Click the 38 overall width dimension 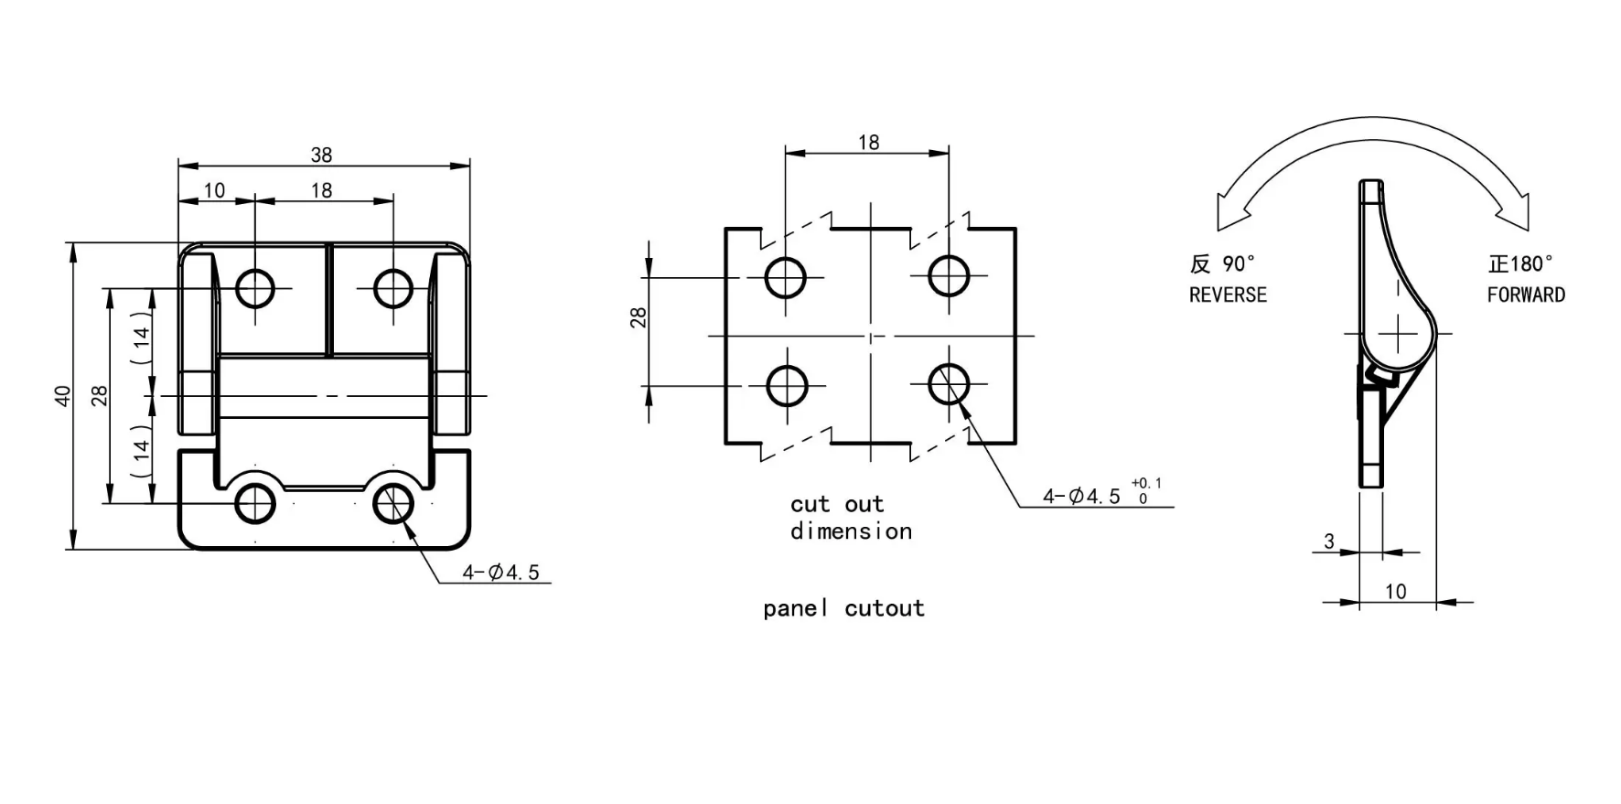321,155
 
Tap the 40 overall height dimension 63,395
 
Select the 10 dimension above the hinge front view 214,190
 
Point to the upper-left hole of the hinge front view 255,288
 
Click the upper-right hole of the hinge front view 393,288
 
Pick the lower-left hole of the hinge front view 255,503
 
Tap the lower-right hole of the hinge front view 393,503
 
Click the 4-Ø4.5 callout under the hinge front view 500,573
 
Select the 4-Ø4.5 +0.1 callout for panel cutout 1098,495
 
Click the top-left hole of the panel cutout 786,277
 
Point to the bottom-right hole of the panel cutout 949,385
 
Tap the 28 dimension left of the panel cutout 639,316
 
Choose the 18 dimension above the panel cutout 868,143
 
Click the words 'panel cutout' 843,608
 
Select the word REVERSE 1228,295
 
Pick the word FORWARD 1525,295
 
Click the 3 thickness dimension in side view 1329,541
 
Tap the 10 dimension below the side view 1396,591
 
